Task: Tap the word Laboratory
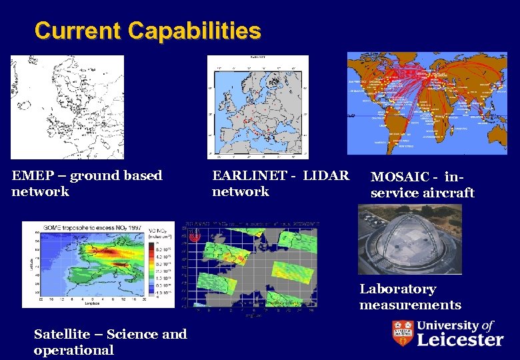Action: tap(397, 289)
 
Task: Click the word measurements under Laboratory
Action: tap(410, 305)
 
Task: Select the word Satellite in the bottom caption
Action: tap(63, 335)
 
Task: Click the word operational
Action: tap(73, 351)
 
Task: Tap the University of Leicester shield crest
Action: tap(402, 333)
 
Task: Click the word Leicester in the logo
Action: tap(460, 340)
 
